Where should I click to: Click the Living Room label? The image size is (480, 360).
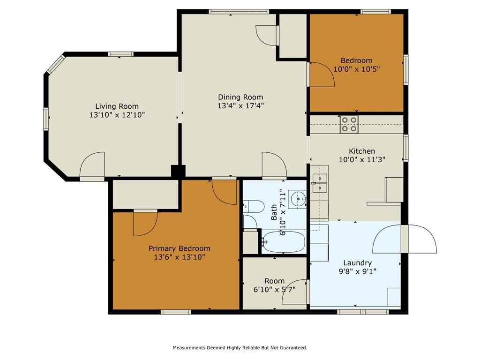[x=117, y=106]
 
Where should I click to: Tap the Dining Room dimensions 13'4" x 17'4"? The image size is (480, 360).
[x=240, y=106]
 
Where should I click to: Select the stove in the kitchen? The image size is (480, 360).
[x=349, y=125]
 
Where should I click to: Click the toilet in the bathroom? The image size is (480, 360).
[x=254, y=207]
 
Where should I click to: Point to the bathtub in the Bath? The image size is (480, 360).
[x=284, y=242]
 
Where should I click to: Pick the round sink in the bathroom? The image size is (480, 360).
[x=297, y=199]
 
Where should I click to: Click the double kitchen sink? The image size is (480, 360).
[x=320, y=183]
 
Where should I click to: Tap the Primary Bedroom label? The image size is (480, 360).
[x=180, y=248]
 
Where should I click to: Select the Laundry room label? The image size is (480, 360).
[x=358, y=262]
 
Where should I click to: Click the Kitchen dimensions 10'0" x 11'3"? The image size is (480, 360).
[x=362, y=159]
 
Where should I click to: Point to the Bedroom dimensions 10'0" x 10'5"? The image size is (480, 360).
[x=357, y=69]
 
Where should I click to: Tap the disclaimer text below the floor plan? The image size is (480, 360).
[x=240, y=348]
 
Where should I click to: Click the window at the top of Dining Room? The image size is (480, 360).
[x=239, y=12]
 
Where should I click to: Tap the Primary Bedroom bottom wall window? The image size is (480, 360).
[x=176, y=312]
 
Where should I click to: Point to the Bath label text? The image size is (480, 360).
[x=274, y=212]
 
